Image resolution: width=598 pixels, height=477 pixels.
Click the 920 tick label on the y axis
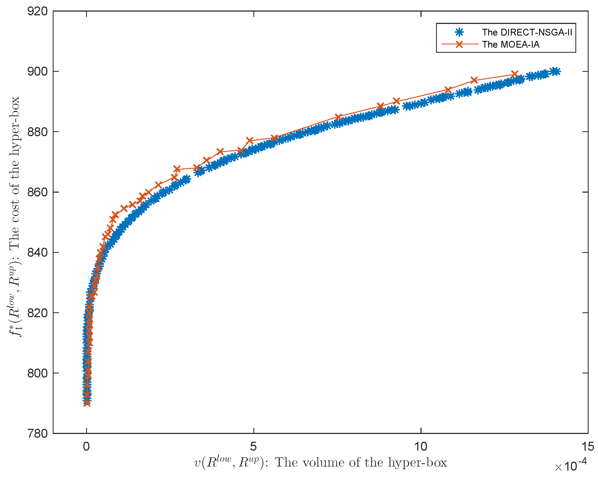coord(37,12)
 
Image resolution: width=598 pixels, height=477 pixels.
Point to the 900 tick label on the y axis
coord(37,72)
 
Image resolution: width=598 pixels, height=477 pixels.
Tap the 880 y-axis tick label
coord(37,132)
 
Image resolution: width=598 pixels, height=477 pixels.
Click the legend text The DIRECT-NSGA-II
coord(527,33)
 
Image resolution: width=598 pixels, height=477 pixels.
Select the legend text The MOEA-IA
coord(511,45)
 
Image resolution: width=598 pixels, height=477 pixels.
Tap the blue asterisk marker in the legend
coord(459,33)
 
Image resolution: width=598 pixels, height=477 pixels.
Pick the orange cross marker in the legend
coord(459,44)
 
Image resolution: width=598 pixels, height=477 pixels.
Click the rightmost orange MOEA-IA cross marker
coord(515,74)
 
